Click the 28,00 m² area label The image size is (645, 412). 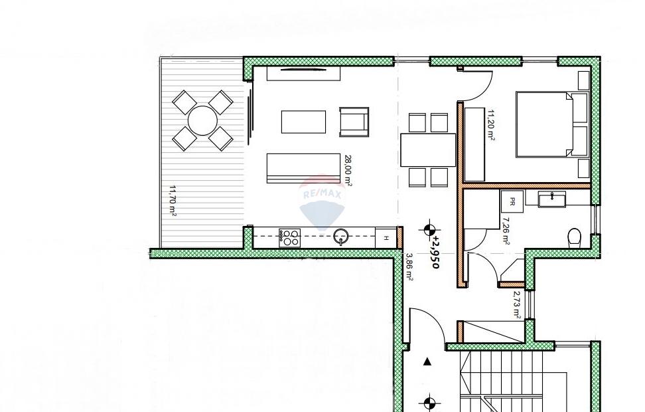(x=348, y=171)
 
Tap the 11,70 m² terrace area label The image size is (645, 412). (x=173, y=201)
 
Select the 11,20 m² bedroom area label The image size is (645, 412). (x=491, y=125)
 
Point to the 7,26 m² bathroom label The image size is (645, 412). (x=505, y=231)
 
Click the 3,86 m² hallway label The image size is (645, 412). (x=409, y=267)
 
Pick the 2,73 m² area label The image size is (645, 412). (x=517, y=305)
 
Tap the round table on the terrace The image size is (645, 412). (x=202, y=121)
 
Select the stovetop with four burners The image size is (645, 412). (x=289, y=238)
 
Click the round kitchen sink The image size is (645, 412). (x=341, y=237)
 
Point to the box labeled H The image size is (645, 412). (x=386, y=238)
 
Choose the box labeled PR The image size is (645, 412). (x=512, y=201)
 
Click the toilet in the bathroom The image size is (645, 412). (x=574, y=238)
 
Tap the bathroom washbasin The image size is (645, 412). (x=552, y=199)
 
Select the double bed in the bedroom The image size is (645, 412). (x=544, y=124)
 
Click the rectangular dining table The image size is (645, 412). (x=428, y=150)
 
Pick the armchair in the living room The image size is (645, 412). (x=354, y=122)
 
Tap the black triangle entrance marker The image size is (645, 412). (x=428, y=362)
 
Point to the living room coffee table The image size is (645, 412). (x=303, y=122)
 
